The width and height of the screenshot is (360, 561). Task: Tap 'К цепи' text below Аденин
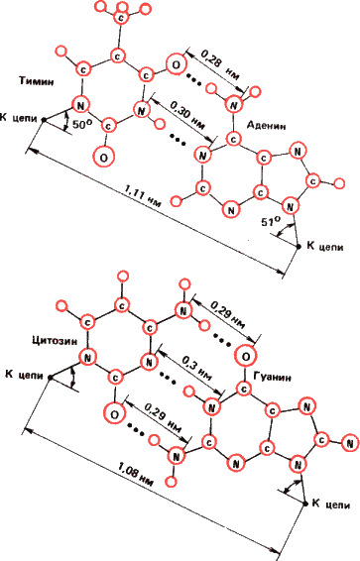coord(328,243)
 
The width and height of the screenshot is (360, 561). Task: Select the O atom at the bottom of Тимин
coord(101,156)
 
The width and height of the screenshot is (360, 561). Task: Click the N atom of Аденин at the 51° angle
coord(291,206)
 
